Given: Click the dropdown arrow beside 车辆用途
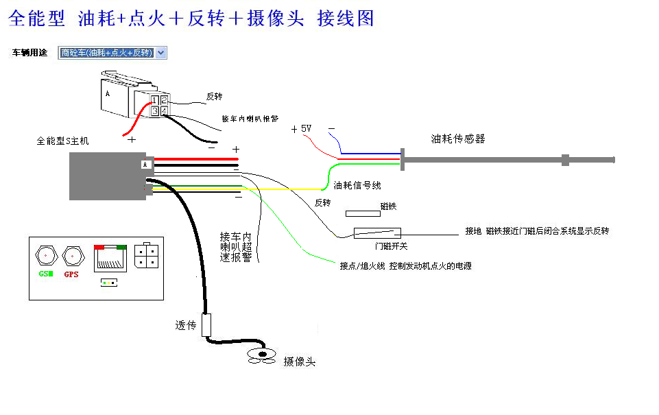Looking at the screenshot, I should (161, 53).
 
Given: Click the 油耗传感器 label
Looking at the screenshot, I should (458, 139).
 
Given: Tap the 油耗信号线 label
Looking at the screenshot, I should (357, 185).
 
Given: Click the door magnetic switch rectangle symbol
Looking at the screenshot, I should (377, 233).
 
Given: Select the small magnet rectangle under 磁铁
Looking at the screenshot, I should (363, 214).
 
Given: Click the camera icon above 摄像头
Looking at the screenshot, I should (262, 355).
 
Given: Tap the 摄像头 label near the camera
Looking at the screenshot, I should (300, 361).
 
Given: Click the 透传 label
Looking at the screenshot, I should (186, 325).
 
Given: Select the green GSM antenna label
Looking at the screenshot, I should (46, 274).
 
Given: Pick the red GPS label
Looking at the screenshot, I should (71, 274).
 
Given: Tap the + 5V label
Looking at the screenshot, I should (301, 129).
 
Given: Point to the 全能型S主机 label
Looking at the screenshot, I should (62, 141).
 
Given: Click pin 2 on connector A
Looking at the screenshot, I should (164, 101).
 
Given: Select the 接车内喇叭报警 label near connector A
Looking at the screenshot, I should (250, 118).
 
